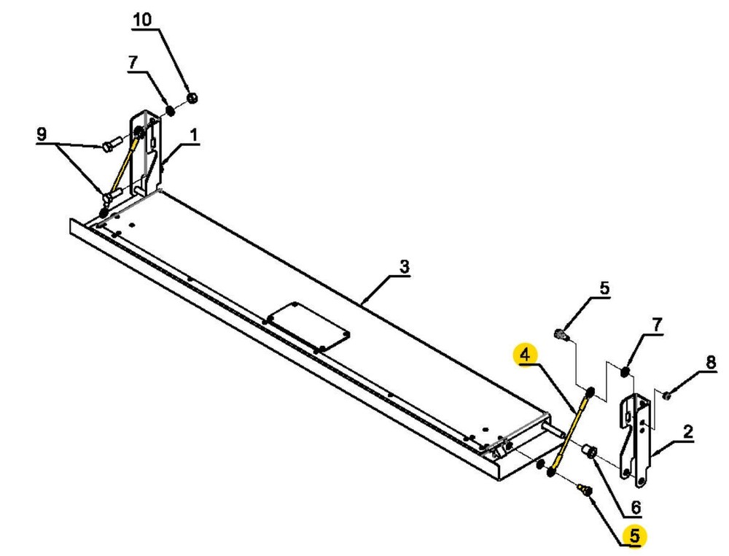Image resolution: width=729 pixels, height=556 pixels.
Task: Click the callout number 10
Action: [x=142, y=20]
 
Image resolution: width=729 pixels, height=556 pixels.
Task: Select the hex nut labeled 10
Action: [x=192, y=97]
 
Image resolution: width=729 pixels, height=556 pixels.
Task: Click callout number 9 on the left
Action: [x=42, y=134]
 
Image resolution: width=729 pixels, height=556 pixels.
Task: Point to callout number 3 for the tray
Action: [x=405, y=267]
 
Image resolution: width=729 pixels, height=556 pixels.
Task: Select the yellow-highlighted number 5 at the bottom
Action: [x=634, y=536]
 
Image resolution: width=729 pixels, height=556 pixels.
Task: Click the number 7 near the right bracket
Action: [x=657, y=325]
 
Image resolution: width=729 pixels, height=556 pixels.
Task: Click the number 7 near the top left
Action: [x=132, y=63]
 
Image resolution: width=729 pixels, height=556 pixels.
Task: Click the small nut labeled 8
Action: [x=667, y=395]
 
